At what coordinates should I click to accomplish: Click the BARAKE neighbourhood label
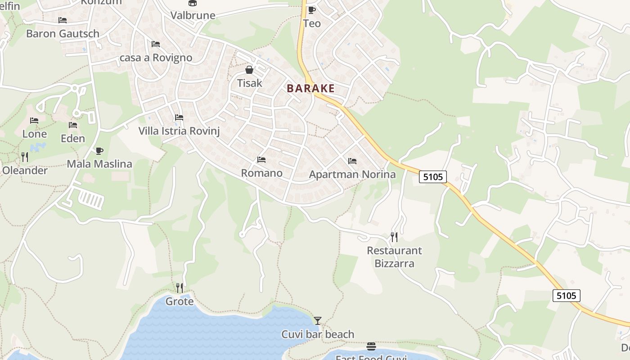coord(310,88)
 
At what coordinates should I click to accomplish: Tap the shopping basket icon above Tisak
coord(249,70)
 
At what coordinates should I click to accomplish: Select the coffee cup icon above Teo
coord(311,10)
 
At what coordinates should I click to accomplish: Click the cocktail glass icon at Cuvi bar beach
coord(318,320)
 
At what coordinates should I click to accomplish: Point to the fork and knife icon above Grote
coord(180,288)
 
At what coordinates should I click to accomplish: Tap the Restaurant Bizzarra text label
coord(394,257)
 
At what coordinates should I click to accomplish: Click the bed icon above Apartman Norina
coord(352,161)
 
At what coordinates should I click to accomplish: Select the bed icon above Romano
coord(261,159)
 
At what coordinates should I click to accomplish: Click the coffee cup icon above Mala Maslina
coord(99,151)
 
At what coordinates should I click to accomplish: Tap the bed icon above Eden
coord(73,125)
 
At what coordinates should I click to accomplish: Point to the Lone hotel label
coord(35,134)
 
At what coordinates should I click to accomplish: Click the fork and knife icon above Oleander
coord(25,157)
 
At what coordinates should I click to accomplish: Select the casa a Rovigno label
coord(156,58)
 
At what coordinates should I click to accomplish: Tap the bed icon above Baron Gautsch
coord(63,20)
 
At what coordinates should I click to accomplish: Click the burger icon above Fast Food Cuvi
coord(371,346)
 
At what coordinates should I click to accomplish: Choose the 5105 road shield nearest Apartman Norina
coord(433,177)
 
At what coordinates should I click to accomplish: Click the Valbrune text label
coord(193,15)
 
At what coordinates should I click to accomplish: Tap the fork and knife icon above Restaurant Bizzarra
coord(394,237)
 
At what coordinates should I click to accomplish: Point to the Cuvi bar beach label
coord(318,334)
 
